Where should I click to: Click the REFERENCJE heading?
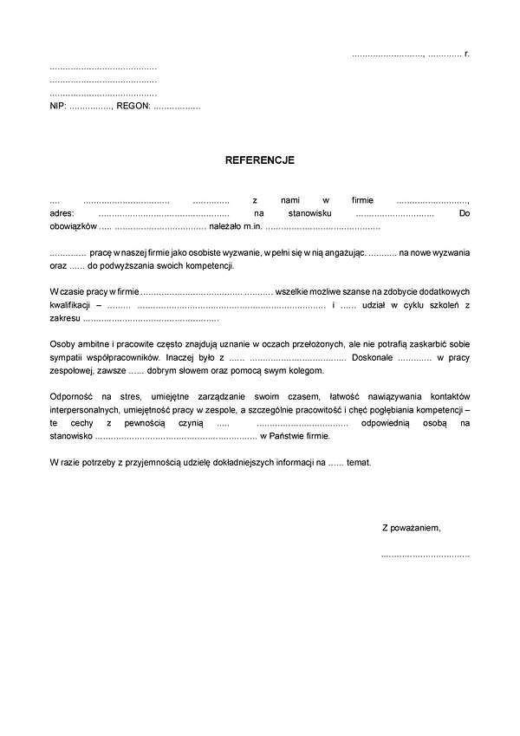tap(260, 160)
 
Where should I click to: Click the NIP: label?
tap(58, 106)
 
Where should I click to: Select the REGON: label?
tap(133, 106)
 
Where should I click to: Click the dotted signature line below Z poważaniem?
tap(425, 554)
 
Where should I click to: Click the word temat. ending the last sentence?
tap(358, 463)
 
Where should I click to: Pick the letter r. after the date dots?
tap(467, 55)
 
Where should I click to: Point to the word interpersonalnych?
tap(90, 408)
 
